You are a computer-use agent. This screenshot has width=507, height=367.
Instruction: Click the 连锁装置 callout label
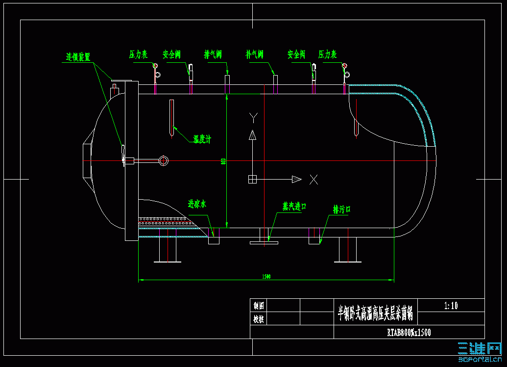[78, 57]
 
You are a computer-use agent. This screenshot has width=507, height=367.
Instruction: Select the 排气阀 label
[213, 54]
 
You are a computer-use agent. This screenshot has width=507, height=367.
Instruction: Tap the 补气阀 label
[255, 54]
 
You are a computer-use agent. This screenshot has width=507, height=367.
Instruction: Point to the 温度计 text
[202, 140]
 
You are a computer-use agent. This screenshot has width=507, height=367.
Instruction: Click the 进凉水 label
[197, 204]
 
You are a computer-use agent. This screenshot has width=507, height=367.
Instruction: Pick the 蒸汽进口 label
[294, 207]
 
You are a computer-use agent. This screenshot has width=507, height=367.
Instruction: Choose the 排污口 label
[342, 210]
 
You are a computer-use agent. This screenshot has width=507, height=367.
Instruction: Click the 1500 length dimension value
[266, 277]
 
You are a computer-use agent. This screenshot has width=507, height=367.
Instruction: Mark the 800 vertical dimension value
[223, 161]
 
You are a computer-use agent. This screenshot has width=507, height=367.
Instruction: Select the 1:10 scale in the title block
[451, 306]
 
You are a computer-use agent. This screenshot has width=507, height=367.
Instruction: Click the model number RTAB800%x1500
[409, 333]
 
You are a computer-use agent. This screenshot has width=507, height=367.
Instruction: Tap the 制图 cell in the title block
[259, 305]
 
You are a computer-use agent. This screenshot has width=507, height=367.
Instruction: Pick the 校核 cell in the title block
[259, 318]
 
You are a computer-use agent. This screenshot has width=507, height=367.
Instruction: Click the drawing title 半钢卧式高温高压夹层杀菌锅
[375, 313]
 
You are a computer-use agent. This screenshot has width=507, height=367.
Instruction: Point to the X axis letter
[314, 180]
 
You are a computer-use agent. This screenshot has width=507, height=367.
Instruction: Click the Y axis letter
[253, 118]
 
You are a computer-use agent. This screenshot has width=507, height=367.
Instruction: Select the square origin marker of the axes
[252, 179]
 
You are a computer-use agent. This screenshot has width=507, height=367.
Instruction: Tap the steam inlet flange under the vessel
[264, 242]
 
